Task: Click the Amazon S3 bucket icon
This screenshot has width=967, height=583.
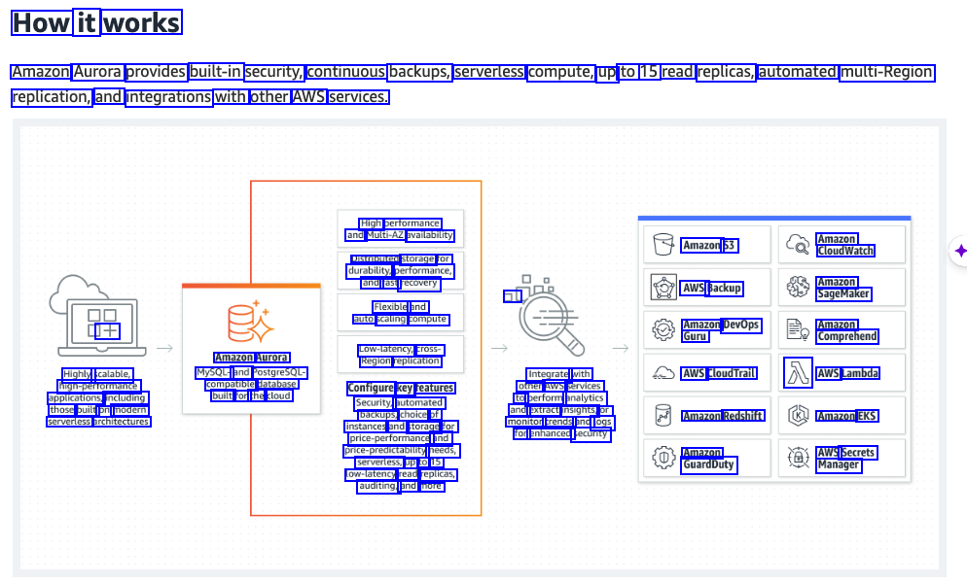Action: (x=663, y=244)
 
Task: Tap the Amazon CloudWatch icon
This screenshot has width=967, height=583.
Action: (x=798, y=244)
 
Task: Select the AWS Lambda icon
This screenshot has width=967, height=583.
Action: (x=798, y=372)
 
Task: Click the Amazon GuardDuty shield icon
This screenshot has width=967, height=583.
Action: (x=663, y=458)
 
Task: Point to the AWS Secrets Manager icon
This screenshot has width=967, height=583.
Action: (x=798, y=458)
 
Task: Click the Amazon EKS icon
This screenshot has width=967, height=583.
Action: (x=798, y=415)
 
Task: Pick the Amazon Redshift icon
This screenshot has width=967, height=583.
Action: (x=663, y=415)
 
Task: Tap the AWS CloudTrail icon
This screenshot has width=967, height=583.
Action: (x=663, y=372)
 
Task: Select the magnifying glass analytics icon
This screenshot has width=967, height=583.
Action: (x=550, y=316)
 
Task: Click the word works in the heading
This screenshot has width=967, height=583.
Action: (x=142, y=23)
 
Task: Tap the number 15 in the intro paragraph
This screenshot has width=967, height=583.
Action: (x=649, y=72)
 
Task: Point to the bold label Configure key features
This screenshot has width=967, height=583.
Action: (x=401, y=388)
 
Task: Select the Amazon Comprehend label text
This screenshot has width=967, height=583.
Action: (x=847, y=330)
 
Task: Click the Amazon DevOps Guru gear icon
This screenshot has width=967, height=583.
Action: (x=663, y=329)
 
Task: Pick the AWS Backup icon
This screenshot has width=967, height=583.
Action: (x=663, y=287)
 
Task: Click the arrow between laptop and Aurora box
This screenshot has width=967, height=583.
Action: (x=165, y=347)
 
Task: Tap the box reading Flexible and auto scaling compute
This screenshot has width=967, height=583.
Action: (x=400, y=313)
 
